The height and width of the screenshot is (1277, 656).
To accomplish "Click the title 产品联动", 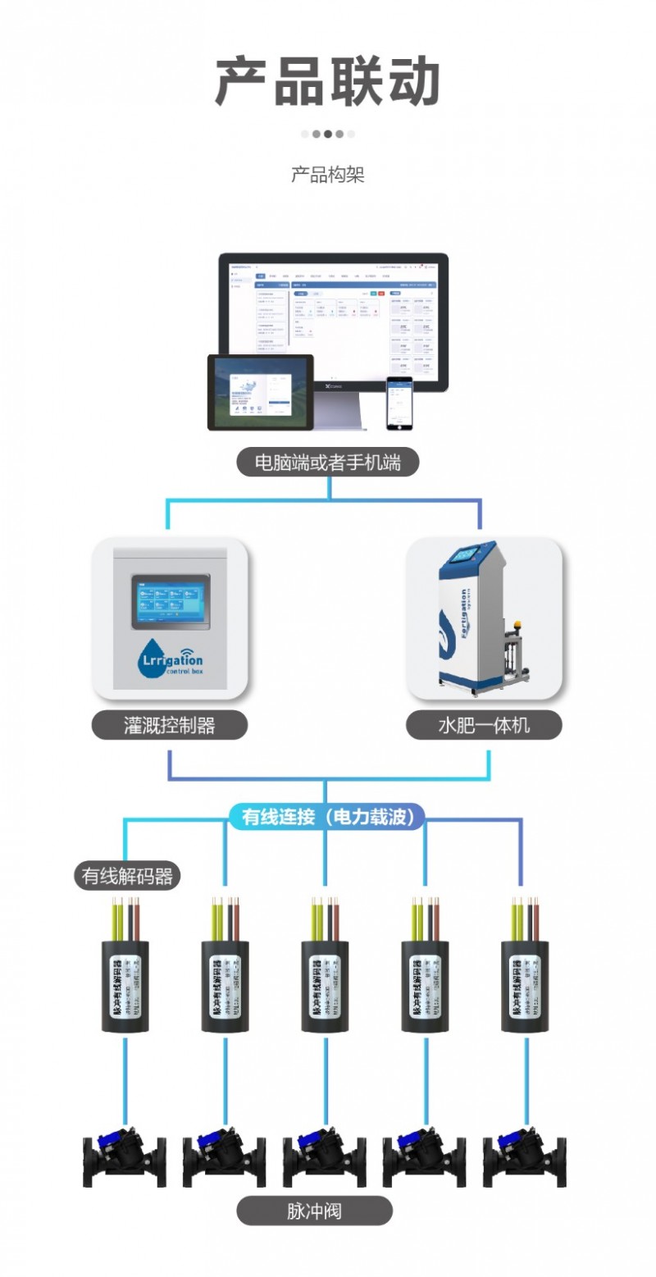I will pos(328,82).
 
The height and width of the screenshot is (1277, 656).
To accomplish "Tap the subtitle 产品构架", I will pos(328,175).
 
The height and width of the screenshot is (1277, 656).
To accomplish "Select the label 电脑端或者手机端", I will pos(328,463).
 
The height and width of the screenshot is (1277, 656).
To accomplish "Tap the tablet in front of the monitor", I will pos(260,391).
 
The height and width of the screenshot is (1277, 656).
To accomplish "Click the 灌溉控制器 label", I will pos(169,725).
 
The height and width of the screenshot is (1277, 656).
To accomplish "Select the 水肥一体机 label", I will pos(484,725).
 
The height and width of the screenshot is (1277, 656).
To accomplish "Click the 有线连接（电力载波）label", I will pos(328,817).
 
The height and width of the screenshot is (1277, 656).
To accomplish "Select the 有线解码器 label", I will pos(126,876).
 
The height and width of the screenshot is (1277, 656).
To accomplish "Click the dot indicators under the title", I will pos(328,134).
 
